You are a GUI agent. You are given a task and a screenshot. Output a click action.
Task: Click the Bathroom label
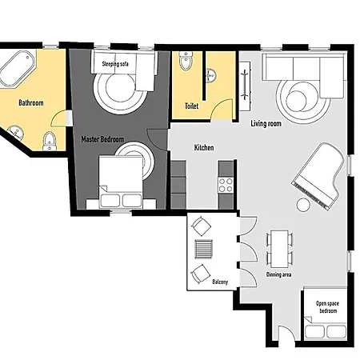pyautogui.click(x=31, y=102)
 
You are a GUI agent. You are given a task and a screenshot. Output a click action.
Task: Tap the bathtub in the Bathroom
pyautogui.click(x=18, y=69)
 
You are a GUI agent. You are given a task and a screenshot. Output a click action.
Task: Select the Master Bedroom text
pyautogui.click(x=102, y=139)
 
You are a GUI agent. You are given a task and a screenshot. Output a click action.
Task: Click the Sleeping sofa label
pyautogui.click(x=115, y=64)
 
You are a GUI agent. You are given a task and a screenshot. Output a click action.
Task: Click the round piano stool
pyautogui.click(x=303, y=205)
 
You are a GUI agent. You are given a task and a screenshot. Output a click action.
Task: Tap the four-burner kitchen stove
pyautogui.click(x=226, y=185)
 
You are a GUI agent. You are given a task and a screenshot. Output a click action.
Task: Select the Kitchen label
pyautogui.click(x=204, y=147)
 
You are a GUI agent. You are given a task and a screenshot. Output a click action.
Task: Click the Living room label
pyautogui.click(x=266, y=123)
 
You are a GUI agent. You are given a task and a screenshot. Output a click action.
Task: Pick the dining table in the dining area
pyautogui.click(x=279, y=249)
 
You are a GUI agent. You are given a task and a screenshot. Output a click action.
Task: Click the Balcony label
pyautogui.click(x=220, y=282)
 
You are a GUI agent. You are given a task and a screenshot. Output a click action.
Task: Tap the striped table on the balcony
pyautogui.click(x=204, y=249)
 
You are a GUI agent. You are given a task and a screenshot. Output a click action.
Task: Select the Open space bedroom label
pyautogui.click(x=328, y=307)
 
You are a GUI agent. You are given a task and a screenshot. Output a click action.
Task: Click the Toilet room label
pyautogui.click(x=192, y=106)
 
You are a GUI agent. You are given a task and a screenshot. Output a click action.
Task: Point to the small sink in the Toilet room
pyautogui.click(x=210, y=76)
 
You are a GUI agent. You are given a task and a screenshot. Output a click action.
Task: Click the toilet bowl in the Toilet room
pyautogui.click(x=186, y=62)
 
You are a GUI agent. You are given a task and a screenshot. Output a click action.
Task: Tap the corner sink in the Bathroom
pyautogui.click(x=15, y=133)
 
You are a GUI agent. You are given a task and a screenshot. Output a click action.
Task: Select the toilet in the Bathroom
pyautogui.click(x=50, y=142)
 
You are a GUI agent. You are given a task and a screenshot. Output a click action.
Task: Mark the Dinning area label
pyautogui.click(x=278, y=274)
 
